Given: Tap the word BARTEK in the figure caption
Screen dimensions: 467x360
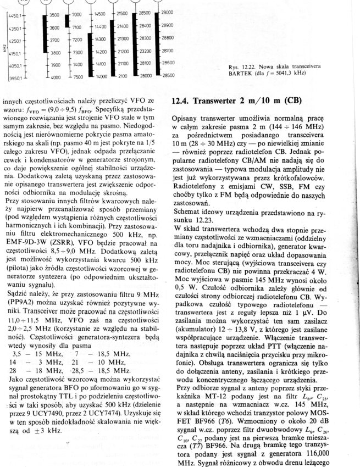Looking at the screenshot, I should (x=241, y=73).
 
